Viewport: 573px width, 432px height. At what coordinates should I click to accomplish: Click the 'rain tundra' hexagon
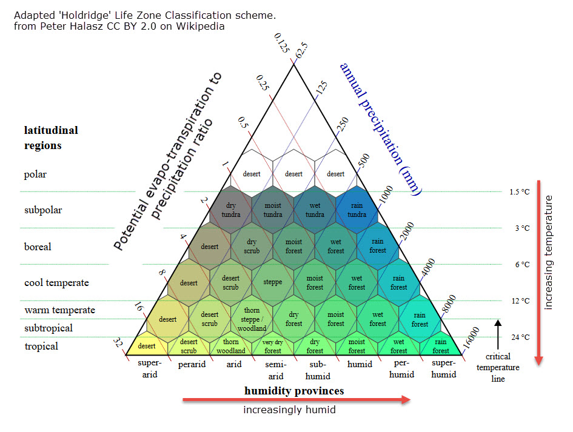(357, 210)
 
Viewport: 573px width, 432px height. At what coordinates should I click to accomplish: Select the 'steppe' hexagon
(273, 282)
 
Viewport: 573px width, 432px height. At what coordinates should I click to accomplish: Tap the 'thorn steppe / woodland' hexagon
(252, 319)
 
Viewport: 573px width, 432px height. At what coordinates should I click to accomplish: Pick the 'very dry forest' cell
(273, 347)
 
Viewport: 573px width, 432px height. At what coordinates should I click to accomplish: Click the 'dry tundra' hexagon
(230, 210)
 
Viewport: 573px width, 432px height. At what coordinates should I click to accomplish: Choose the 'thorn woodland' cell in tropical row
(230, 347)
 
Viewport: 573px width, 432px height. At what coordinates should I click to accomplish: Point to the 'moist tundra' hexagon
(273, 210)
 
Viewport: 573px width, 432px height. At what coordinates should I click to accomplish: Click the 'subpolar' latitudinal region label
(43, 210)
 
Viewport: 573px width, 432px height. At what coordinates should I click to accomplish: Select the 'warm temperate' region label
(59, 310)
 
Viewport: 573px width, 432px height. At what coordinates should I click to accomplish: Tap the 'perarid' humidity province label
(192, 365)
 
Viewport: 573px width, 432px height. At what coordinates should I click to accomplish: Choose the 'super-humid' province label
(444, 369)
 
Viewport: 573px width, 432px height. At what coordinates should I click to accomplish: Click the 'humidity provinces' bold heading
(294, 391)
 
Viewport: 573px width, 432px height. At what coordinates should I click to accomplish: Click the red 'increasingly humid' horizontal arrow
(297, 399)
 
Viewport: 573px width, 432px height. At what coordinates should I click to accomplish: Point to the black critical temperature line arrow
(498, 333)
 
